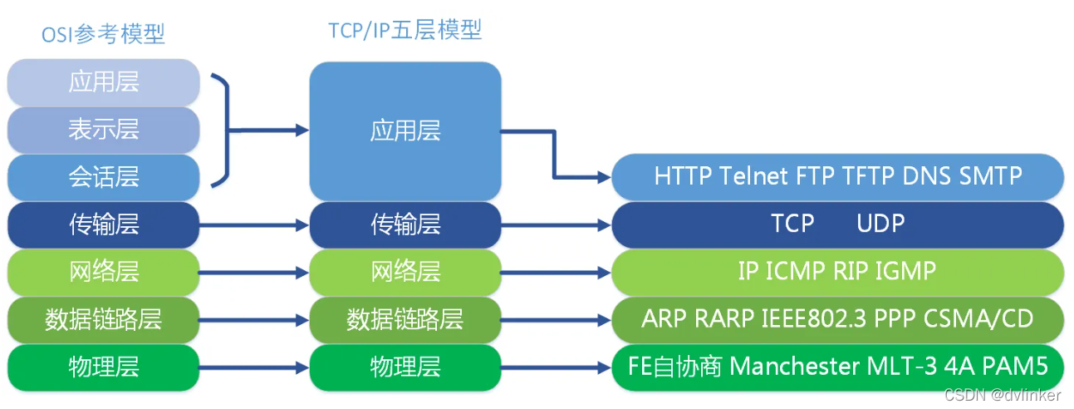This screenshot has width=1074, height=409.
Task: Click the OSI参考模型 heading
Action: click(104, 34)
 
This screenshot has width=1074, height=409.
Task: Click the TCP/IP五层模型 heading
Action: click(405, 31)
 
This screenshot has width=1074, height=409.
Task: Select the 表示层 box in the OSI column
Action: click(104, 129)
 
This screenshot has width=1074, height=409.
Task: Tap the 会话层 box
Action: click(104, 176)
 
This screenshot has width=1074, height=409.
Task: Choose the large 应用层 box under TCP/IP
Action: click(405, 131)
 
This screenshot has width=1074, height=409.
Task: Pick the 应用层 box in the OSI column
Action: click(104, 81)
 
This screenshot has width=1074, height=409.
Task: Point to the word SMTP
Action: click(990, 176)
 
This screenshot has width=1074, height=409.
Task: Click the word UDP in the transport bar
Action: click(880, 224)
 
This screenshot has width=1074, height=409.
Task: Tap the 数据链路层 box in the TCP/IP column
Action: click(405, 319)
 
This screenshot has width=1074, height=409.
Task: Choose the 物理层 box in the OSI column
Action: click(104, 367)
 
